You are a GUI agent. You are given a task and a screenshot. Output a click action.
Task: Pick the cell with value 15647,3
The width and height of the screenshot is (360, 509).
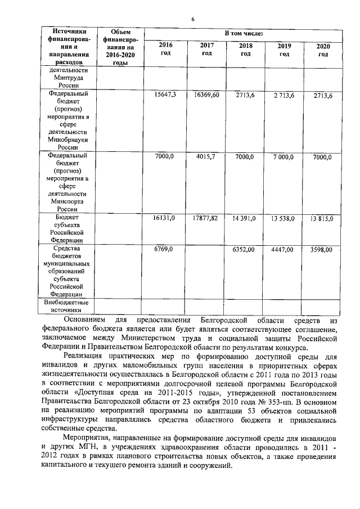point(165,95)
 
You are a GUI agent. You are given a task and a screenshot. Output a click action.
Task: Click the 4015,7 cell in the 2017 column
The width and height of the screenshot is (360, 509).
point(206,157)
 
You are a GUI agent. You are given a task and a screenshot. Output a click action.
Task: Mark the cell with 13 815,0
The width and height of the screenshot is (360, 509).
point(322,218)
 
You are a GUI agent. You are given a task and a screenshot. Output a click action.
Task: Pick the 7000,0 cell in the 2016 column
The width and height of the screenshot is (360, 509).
point(165,157)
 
